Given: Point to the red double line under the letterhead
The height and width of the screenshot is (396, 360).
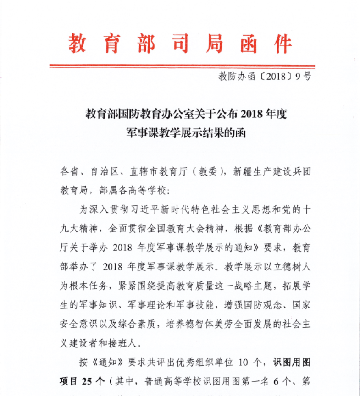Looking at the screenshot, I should point(182,66).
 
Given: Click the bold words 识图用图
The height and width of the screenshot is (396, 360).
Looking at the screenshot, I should point(292,363).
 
